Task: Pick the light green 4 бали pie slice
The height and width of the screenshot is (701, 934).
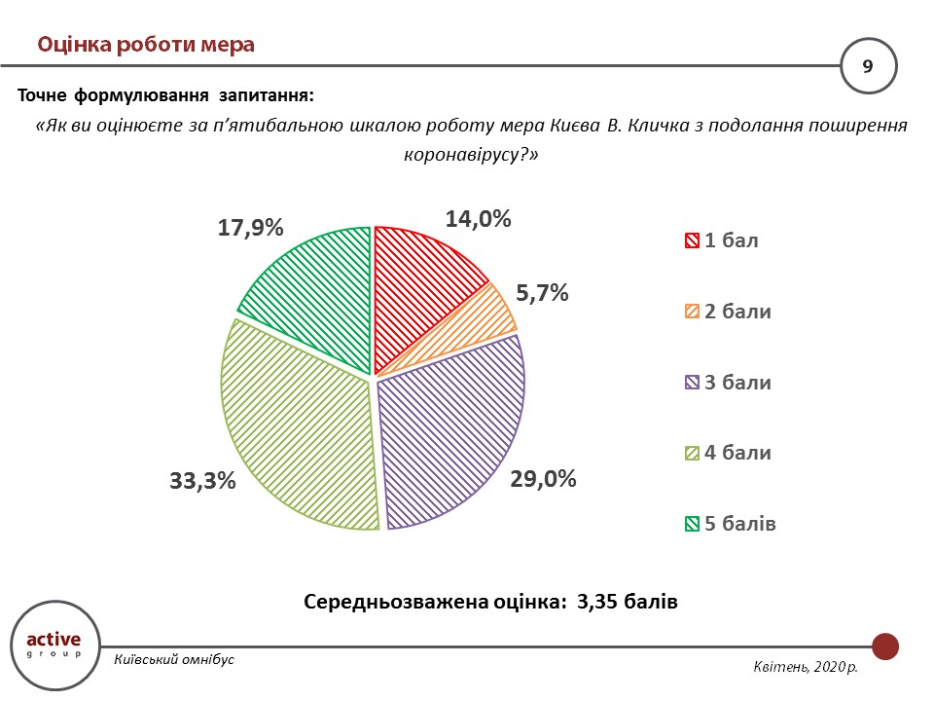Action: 292,428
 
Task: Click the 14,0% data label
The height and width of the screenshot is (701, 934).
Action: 479,219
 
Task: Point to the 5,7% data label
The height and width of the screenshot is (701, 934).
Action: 542,293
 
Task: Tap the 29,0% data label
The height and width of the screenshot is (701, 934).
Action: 544,479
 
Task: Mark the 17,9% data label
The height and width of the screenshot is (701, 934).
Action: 250,228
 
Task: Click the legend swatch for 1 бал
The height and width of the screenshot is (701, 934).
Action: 693,241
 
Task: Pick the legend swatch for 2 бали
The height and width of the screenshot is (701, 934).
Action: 693,313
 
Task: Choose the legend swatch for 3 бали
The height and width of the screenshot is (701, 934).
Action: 693,383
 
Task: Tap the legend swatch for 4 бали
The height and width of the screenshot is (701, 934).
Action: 693,454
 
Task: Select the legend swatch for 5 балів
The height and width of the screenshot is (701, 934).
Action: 693,524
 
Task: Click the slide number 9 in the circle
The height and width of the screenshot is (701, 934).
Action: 868,66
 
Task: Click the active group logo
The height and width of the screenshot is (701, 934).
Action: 54,644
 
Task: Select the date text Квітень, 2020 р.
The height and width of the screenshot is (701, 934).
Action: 807,667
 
